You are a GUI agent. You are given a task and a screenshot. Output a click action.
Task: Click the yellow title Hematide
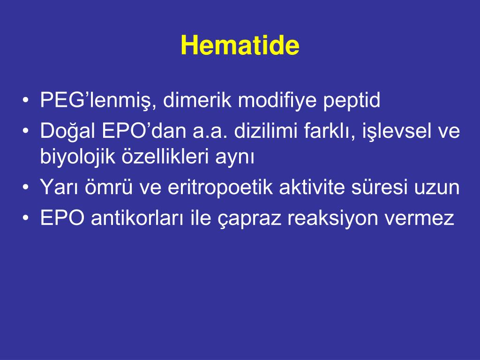point(240,46)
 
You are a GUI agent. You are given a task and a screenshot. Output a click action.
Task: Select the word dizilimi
point(266,132)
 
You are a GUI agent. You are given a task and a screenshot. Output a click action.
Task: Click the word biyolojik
point(79,157)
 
